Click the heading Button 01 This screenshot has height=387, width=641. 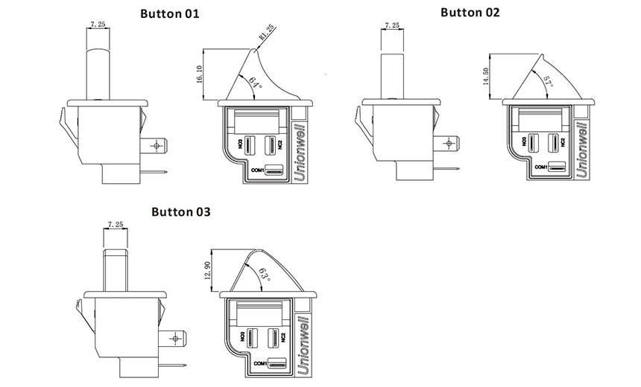pos(170,13)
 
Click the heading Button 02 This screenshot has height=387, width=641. pos(470,12)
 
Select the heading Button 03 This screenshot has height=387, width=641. pos(181,211)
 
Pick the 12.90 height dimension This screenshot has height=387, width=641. pos(207,270)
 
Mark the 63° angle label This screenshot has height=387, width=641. pos(263,277)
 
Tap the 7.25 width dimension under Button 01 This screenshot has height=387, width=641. pos(97,24)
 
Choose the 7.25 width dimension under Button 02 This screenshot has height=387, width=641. pos(391,25)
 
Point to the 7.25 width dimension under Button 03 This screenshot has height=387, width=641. pos(116,223)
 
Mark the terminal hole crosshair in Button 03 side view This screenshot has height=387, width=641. pos(176,339)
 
